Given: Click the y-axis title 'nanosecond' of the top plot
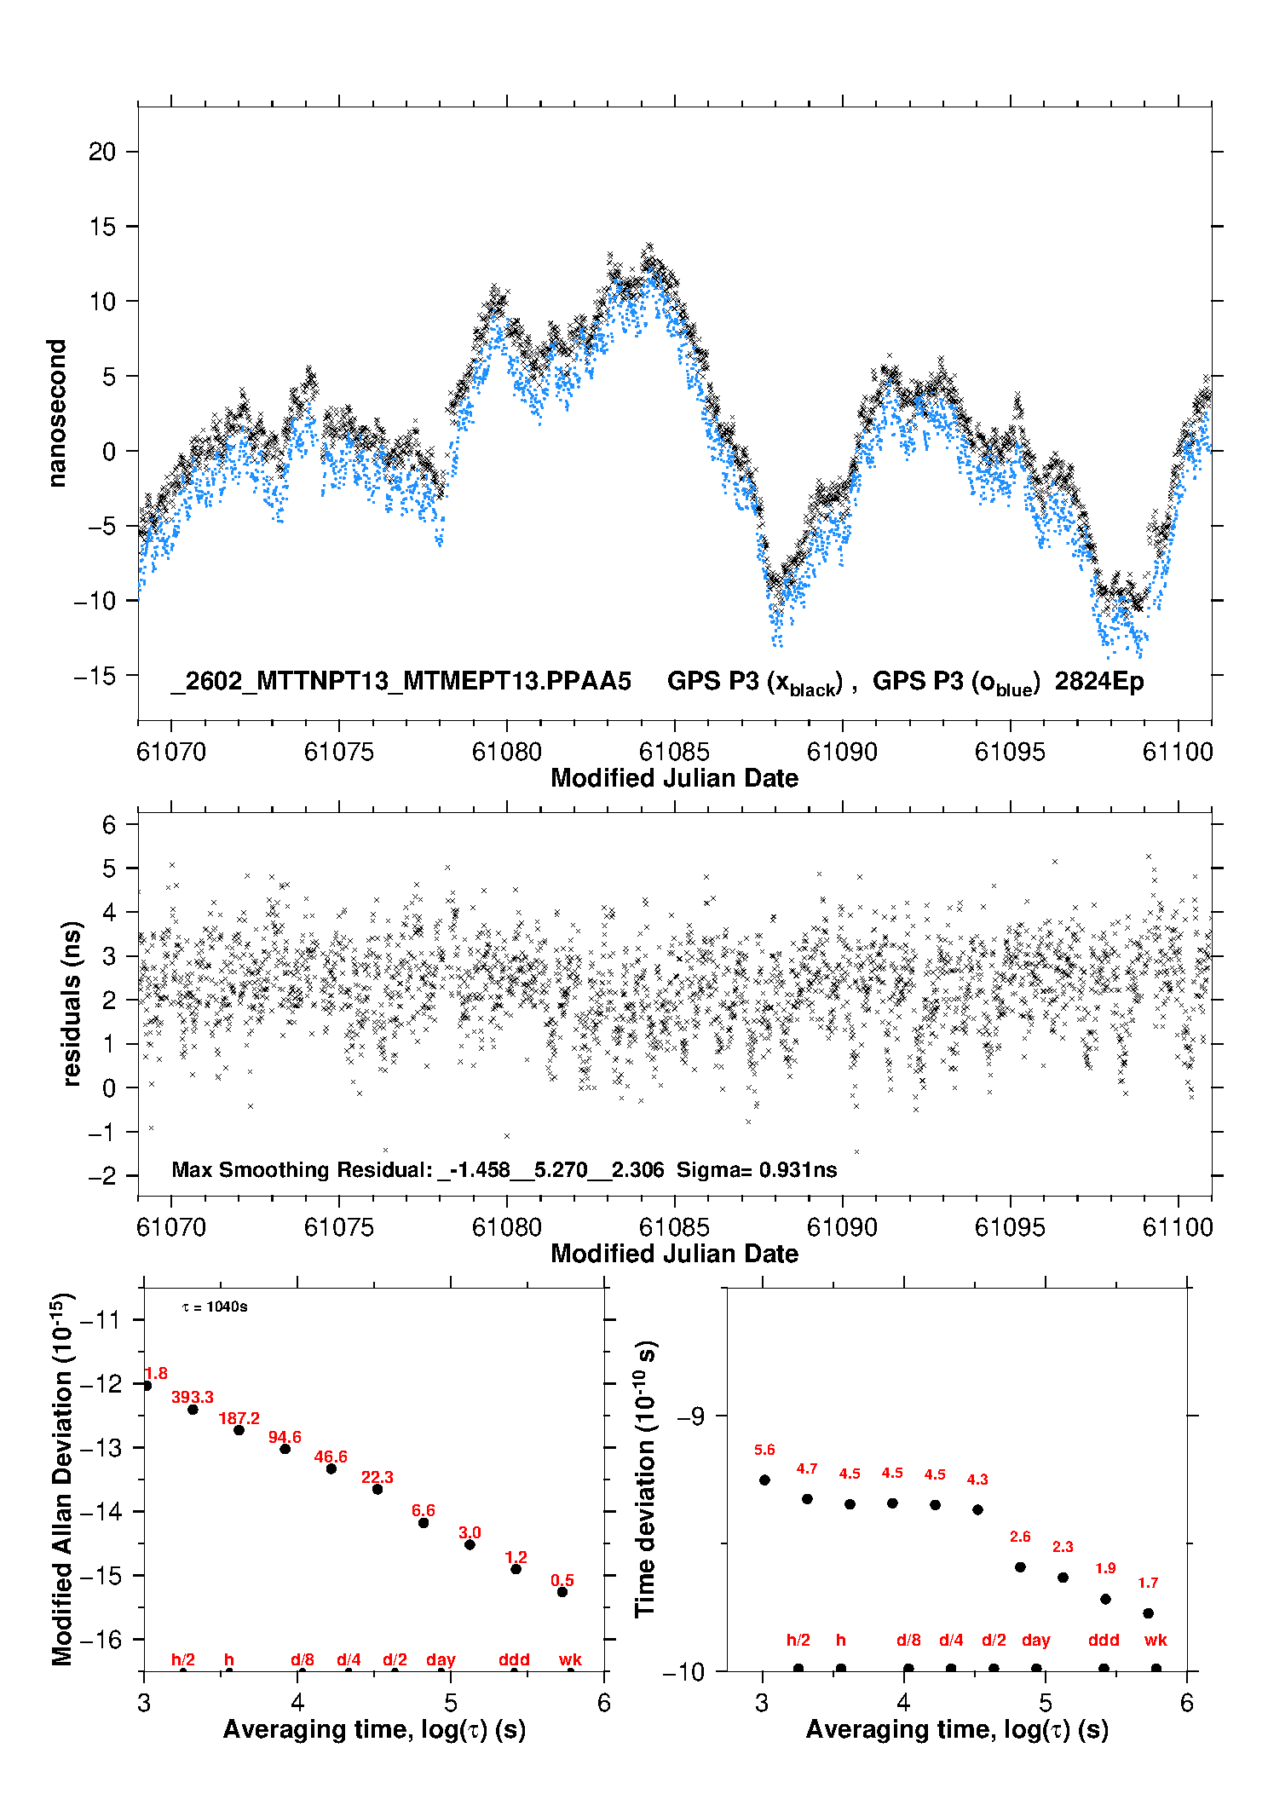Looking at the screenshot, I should click(x=57, y=413).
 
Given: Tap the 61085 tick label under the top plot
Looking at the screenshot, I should click(x=674, y=752).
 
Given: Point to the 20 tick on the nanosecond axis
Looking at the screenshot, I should click(x=102, y=152).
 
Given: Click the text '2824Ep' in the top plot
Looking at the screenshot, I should click(x=1099, y=682).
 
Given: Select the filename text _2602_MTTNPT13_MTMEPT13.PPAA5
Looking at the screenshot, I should click(x=401, y=682).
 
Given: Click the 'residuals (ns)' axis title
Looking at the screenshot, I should click(x=72, y=1003).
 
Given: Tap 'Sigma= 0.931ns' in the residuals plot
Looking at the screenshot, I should click(x=757, y=1170).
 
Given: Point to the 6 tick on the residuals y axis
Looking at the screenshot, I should click(x=109, y=824).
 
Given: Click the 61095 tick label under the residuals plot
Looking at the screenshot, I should click(x=1010, y=1227).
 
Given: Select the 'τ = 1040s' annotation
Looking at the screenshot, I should click(x=215, y=1307).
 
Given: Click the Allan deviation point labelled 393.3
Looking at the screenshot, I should click(x=193, y=1410).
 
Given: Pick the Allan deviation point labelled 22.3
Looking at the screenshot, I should click(x=378, y=1489).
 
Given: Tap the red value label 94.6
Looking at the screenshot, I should click(x=285, y=1438).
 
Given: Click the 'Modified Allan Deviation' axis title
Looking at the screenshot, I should click(x=62, y=1479).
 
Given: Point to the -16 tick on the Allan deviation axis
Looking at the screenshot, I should click(x=101, y=1639).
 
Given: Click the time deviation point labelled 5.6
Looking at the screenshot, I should click(x=764, y=1480).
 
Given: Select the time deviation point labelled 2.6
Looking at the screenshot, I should click(x=1020, y=1567).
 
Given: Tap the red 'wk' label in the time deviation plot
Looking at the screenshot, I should click(x=1156, y=1640).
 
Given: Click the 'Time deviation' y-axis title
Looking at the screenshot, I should click(x=645, y=1480).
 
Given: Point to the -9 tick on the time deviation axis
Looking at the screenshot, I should click(x=690, y=1416).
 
